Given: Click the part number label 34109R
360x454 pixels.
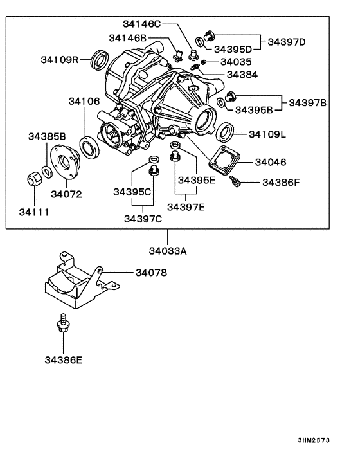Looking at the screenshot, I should pyautogui.click(x=59, y=60).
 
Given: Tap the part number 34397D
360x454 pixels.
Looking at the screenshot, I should pyautogui.click(x=287, y=42).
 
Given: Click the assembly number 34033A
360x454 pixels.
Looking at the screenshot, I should pyautogui.click(x=168, y=251).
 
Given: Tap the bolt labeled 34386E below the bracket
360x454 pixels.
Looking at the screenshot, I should pyautogui.click(x=63, y=323).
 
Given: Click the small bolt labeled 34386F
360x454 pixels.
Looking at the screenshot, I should pyautogui.click(x=237, y=183).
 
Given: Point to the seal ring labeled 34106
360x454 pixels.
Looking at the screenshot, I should pyautogui.click(x=89, y=145).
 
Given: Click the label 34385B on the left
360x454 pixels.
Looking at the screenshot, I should pyautogui.click(x=47, y=136).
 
